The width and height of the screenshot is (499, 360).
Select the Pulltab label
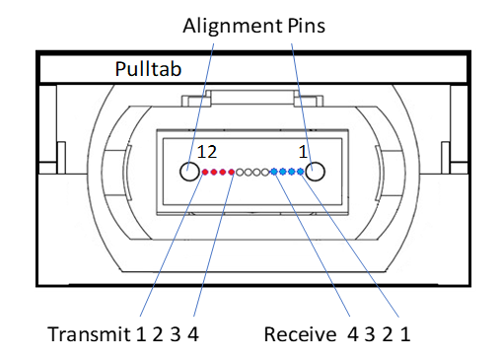pos(148,69)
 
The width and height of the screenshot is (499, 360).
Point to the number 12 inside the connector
pos(207,152)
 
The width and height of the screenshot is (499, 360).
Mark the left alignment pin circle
pos(188,172)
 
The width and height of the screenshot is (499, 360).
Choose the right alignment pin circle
pos(316,172)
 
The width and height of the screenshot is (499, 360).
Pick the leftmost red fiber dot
pos(205,172)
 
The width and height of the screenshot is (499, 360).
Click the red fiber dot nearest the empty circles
pos(232,172)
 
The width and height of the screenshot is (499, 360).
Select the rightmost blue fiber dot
pos(300,172)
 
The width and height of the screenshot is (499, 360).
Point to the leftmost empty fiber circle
pos(241,172)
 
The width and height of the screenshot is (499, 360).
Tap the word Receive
pos(300,333)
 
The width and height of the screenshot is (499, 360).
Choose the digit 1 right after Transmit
pos(140,333)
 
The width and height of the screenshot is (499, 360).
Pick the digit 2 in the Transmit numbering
pos(157,333)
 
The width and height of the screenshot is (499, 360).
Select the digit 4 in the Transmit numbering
pos(193,333)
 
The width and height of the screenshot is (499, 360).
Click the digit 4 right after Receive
pos(352,333)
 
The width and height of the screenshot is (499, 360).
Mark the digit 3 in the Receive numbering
pos(369,333)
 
